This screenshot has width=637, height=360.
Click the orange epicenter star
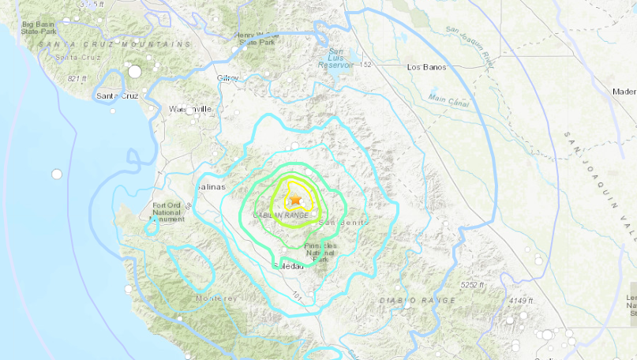[x=295, y=201]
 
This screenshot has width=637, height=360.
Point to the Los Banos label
[x=427, y=68]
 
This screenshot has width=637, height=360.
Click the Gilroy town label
[x=227, y=79]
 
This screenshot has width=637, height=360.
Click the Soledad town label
[x=287, y=267]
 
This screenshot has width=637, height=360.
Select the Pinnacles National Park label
[x=320, y=252]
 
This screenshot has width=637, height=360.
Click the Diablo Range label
[x=429, y=300]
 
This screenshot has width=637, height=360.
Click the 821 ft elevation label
[x=77, y=79]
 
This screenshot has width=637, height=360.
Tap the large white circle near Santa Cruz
[x=134, y=72]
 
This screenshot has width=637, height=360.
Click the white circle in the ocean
[x=56, y=174]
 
